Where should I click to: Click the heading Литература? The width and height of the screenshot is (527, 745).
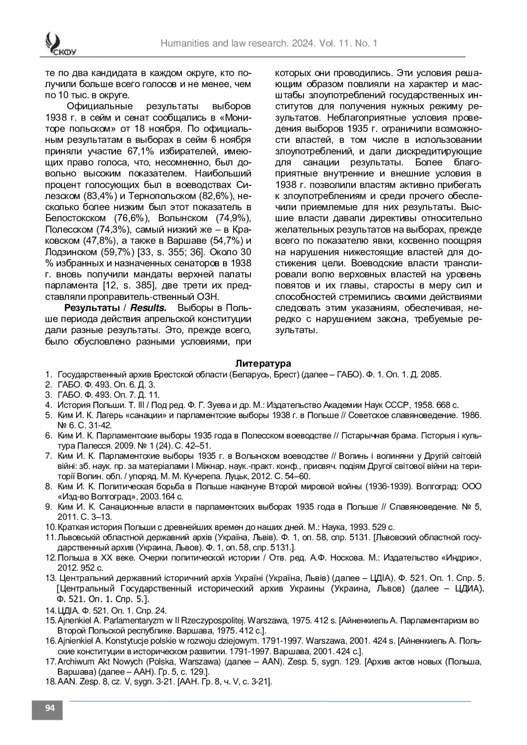tap(263, 364)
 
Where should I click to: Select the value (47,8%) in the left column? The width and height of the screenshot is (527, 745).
tap(99, 241)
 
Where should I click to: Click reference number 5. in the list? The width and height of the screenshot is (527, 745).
tap(49, 415)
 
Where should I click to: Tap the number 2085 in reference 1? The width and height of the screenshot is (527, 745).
tap(431, 374)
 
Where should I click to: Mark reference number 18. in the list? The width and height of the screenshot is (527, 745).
tap(51, 682)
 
